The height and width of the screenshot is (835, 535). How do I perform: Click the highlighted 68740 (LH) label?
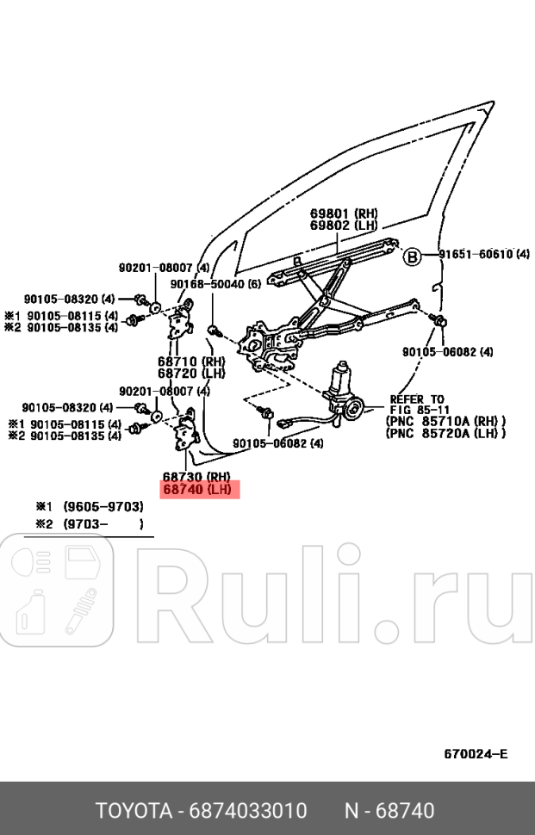pos(196,490)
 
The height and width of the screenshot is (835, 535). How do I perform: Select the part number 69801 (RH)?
pos(344,213)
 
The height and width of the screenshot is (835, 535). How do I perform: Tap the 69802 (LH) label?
pos(344,226)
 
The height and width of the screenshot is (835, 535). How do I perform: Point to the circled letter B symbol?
pos(414,255)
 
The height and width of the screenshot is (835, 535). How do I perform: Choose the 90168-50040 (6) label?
pos(215,283)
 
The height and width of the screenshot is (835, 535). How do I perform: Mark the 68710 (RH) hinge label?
pos(190,362)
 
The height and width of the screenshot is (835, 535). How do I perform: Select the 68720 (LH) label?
pos(190,373)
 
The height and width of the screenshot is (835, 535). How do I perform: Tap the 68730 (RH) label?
pos(196,477)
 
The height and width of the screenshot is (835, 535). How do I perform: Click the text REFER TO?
pos(417,399)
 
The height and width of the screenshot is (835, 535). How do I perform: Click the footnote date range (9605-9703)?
pos(103,506)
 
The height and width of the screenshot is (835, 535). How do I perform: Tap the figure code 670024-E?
pos(476,754)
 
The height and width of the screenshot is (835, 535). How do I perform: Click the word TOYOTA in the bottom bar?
pos(132,811)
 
